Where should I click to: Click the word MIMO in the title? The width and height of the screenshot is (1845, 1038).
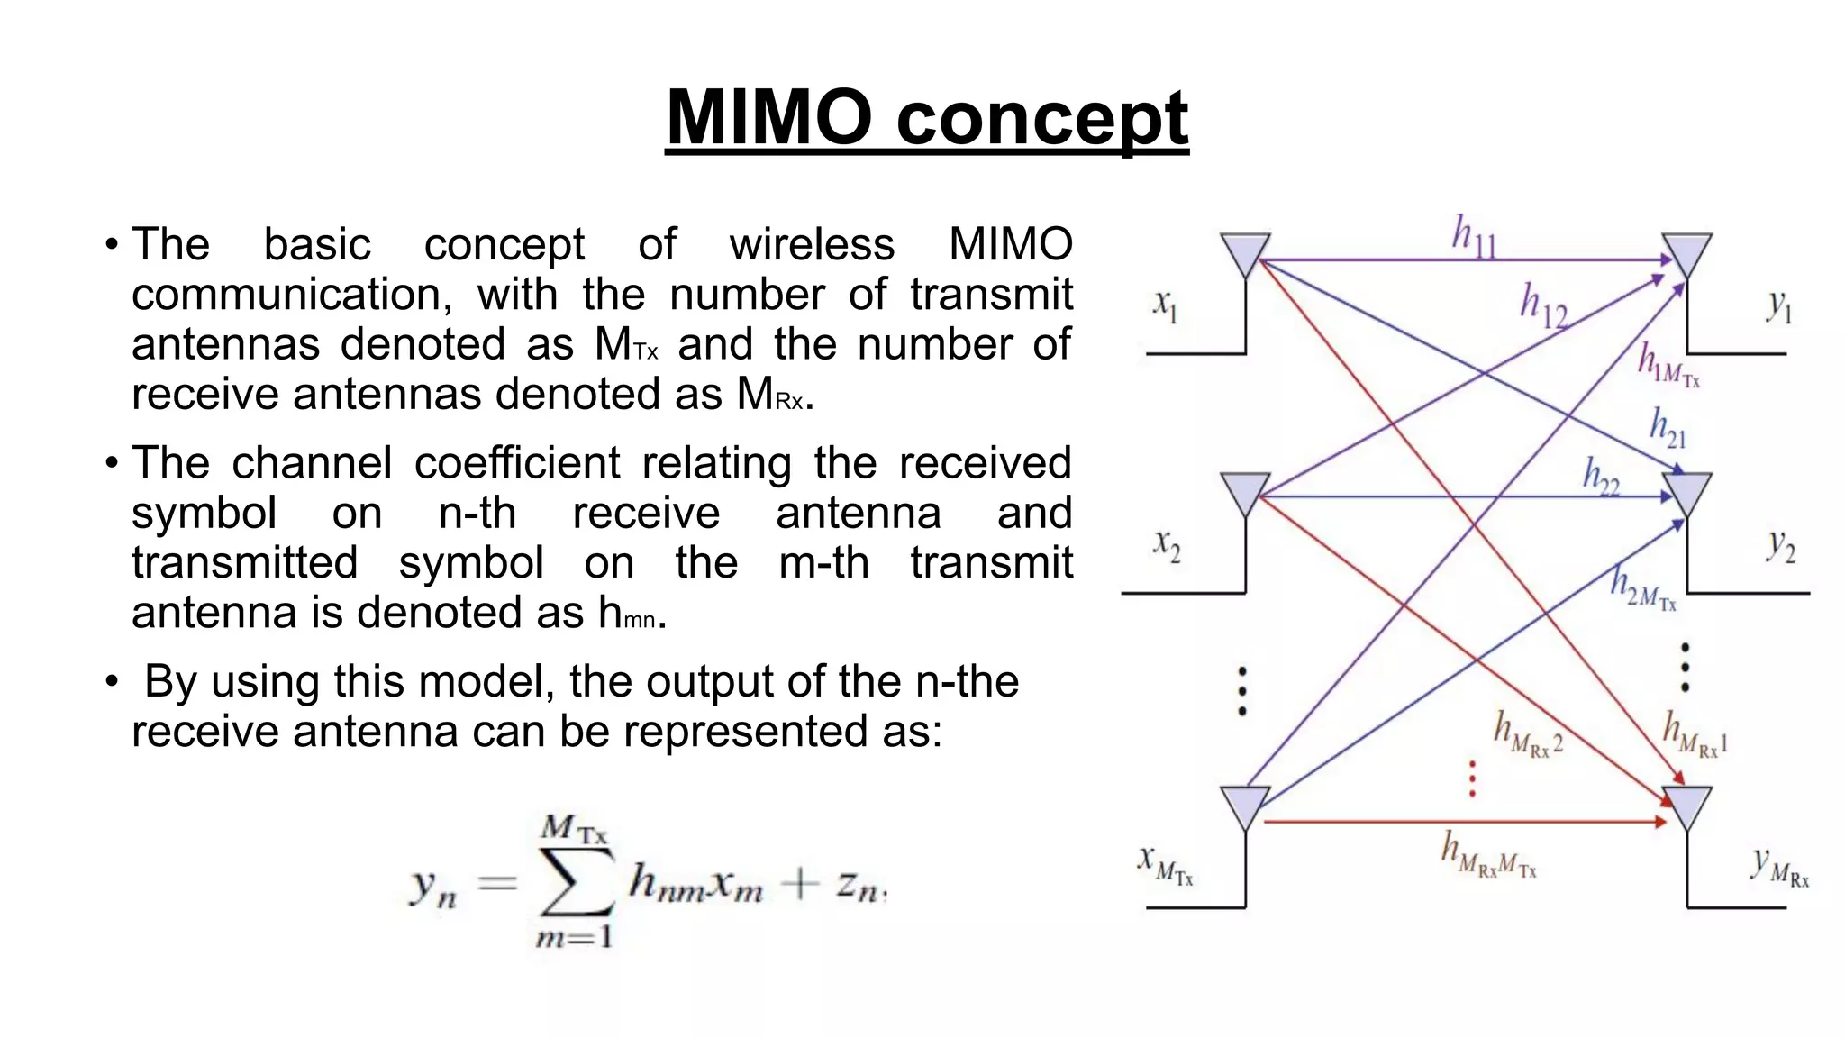pos(769,117)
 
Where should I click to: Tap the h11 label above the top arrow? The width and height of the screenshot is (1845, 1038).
pos(1473,237)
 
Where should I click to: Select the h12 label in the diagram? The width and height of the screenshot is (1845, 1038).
pos(1543,306)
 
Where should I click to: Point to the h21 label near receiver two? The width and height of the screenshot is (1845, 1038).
pos(1667,428)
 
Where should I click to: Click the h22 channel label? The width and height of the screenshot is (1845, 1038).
pos(1601,477)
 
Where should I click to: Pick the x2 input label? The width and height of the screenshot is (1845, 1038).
pos(1166,545)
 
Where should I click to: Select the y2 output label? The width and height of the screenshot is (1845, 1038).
pos(1780,545)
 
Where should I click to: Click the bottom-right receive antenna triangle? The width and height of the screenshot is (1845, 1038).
pos(1686,807)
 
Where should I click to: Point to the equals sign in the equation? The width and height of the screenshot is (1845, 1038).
pos(496,883)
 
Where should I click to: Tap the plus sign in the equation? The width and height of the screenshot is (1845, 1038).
pos(799,884)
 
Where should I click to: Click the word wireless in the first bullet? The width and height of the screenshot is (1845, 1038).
pos(812,244)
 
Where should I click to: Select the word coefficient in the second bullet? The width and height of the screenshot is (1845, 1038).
pos(516,463)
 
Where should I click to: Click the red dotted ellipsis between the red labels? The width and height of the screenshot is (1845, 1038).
pos(1472,779)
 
